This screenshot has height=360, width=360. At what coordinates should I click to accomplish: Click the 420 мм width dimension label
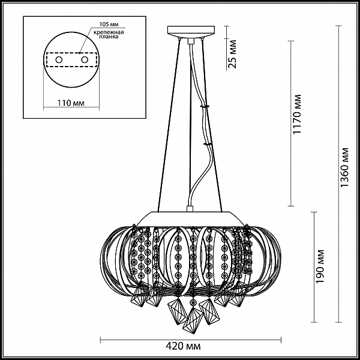[183, 346]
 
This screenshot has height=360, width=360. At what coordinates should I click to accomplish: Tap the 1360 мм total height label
[344, 167]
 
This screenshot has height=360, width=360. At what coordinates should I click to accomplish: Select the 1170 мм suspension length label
[296, 114]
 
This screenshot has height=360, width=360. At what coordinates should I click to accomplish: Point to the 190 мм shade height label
[320, 266]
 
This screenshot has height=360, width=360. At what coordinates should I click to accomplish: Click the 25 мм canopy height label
[233, 54]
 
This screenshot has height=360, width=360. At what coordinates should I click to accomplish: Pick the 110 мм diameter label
[71, 103]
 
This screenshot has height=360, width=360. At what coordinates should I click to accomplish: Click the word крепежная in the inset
[109, 32]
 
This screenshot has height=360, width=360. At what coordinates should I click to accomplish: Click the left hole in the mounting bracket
[59, 60]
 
